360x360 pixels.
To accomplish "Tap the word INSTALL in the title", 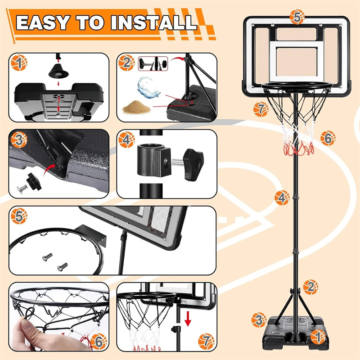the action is click(x=154, y=22).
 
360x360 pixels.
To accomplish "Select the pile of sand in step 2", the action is click(x=136, y=107).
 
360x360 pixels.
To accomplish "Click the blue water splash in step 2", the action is click(x=148, y=88).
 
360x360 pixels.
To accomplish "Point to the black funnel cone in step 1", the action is click(x=58, y=72).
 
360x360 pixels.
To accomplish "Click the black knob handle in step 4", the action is click(x=194, y=164).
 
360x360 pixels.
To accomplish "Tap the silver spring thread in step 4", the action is click(x=177, y=163).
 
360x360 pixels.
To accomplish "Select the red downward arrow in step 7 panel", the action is click(x=188, y=319).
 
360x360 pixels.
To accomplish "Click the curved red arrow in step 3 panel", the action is click(x=49, y=170).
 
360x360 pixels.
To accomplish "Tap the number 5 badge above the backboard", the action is click(x=297, y=17).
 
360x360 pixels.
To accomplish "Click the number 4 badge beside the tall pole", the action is click(x=282, y=198).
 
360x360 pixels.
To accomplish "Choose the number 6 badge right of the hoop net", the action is click(x=328, y=138).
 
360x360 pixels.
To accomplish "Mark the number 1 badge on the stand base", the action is click(x=318, y=337).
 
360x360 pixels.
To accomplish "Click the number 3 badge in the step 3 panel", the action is click(x=19, y=140).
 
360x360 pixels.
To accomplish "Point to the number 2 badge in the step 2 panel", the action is click(x=126, y=63).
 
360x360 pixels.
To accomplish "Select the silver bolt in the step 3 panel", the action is click(x=22, y=189).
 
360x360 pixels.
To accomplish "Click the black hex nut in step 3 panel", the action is click(x=34, y=182).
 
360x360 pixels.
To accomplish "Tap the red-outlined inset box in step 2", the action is click(x=153, y=63).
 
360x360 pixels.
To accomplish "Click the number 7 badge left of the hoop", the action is click(x=261, y=109).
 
